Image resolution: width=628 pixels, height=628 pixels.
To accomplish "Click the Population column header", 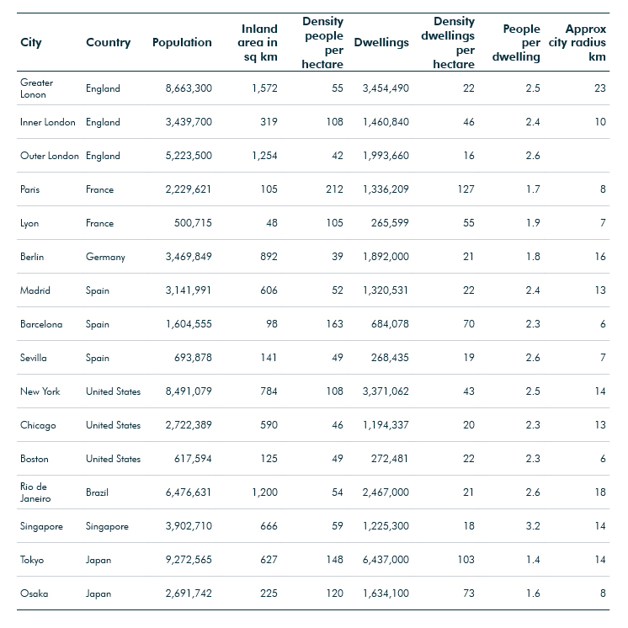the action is pos(182,42).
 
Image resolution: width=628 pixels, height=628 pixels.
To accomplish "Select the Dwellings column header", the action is pos(381,43).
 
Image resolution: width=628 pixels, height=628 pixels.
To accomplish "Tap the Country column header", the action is pos(108,43).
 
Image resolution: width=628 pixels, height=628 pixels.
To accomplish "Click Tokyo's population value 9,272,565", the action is pos(189,560).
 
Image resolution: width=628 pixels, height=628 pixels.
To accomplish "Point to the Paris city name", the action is pos(30,189).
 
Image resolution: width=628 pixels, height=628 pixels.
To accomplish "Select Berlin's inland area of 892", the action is pos(269,257).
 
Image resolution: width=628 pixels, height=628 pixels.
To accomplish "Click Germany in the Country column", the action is pos(105,257).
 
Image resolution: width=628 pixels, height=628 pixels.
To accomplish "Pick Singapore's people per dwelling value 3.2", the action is pos(533,526).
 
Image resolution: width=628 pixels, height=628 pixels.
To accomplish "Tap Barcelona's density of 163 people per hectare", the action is pos(334,324).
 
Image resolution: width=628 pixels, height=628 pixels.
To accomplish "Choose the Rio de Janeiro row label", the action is pos(35,492).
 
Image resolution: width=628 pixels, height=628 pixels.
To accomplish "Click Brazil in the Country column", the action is pos(97,492).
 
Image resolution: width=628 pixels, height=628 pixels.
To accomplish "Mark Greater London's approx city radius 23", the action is pos(600,88).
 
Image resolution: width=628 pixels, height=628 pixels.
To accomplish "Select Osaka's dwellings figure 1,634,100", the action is pos(386,593).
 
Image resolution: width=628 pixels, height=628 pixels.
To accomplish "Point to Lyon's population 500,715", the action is pos(193,223).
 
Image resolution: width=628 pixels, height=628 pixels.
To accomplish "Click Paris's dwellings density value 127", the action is pos(466,189).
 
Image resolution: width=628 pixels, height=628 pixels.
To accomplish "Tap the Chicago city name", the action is pos(38,425).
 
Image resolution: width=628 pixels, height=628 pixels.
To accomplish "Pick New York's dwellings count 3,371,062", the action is pos(386,391).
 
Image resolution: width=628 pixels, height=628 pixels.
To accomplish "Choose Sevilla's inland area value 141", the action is pos(269,358).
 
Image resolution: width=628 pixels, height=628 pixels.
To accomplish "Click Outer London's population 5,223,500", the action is pos(189,156).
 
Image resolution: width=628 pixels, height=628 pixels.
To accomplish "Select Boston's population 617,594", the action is pos(193,459).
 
